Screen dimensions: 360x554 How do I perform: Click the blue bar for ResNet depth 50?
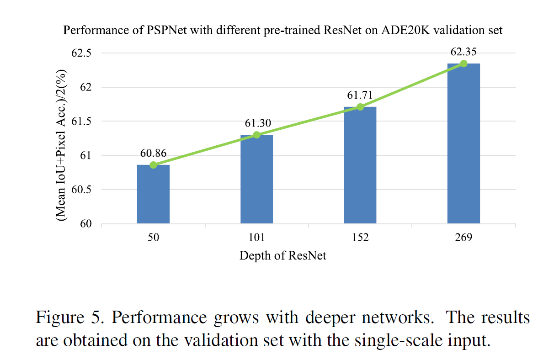tap(153, 194)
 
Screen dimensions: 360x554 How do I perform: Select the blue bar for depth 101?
tap(256, 179)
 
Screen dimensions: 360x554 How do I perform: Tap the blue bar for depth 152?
tap(360, 165)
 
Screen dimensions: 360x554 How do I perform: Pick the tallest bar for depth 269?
tap(463, 143)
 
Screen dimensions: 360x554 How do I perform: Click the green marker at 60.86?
tap(153, 165)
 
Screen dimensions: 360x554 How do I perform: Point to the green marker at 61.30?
tap(256, 135)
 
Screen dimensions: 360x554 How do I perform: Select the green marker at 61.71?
tap(360, 107)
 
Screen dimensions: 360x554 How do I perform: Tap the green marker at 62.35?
tap(463, 64)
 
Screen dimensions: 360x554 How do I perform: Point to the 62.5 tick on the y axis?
tap(83, 53)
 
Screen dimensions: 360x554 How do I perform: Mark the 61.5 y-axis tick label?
tap(83, 122)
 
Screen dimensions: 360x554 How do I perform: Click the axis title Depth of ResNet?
tap(283, 255)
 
